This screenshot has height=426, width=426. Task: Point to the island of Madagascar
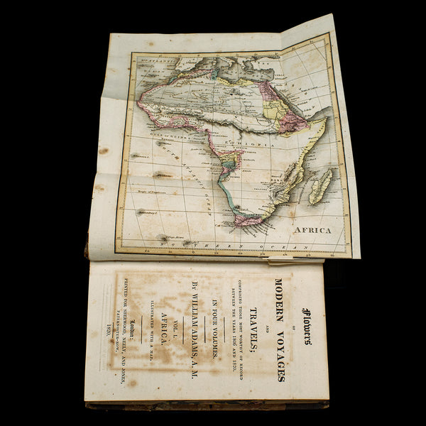pyautogui.click(x=320, y=186)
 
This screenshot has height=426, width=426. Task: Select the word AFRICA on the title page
pyautogui.click(x=165, y=331)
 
